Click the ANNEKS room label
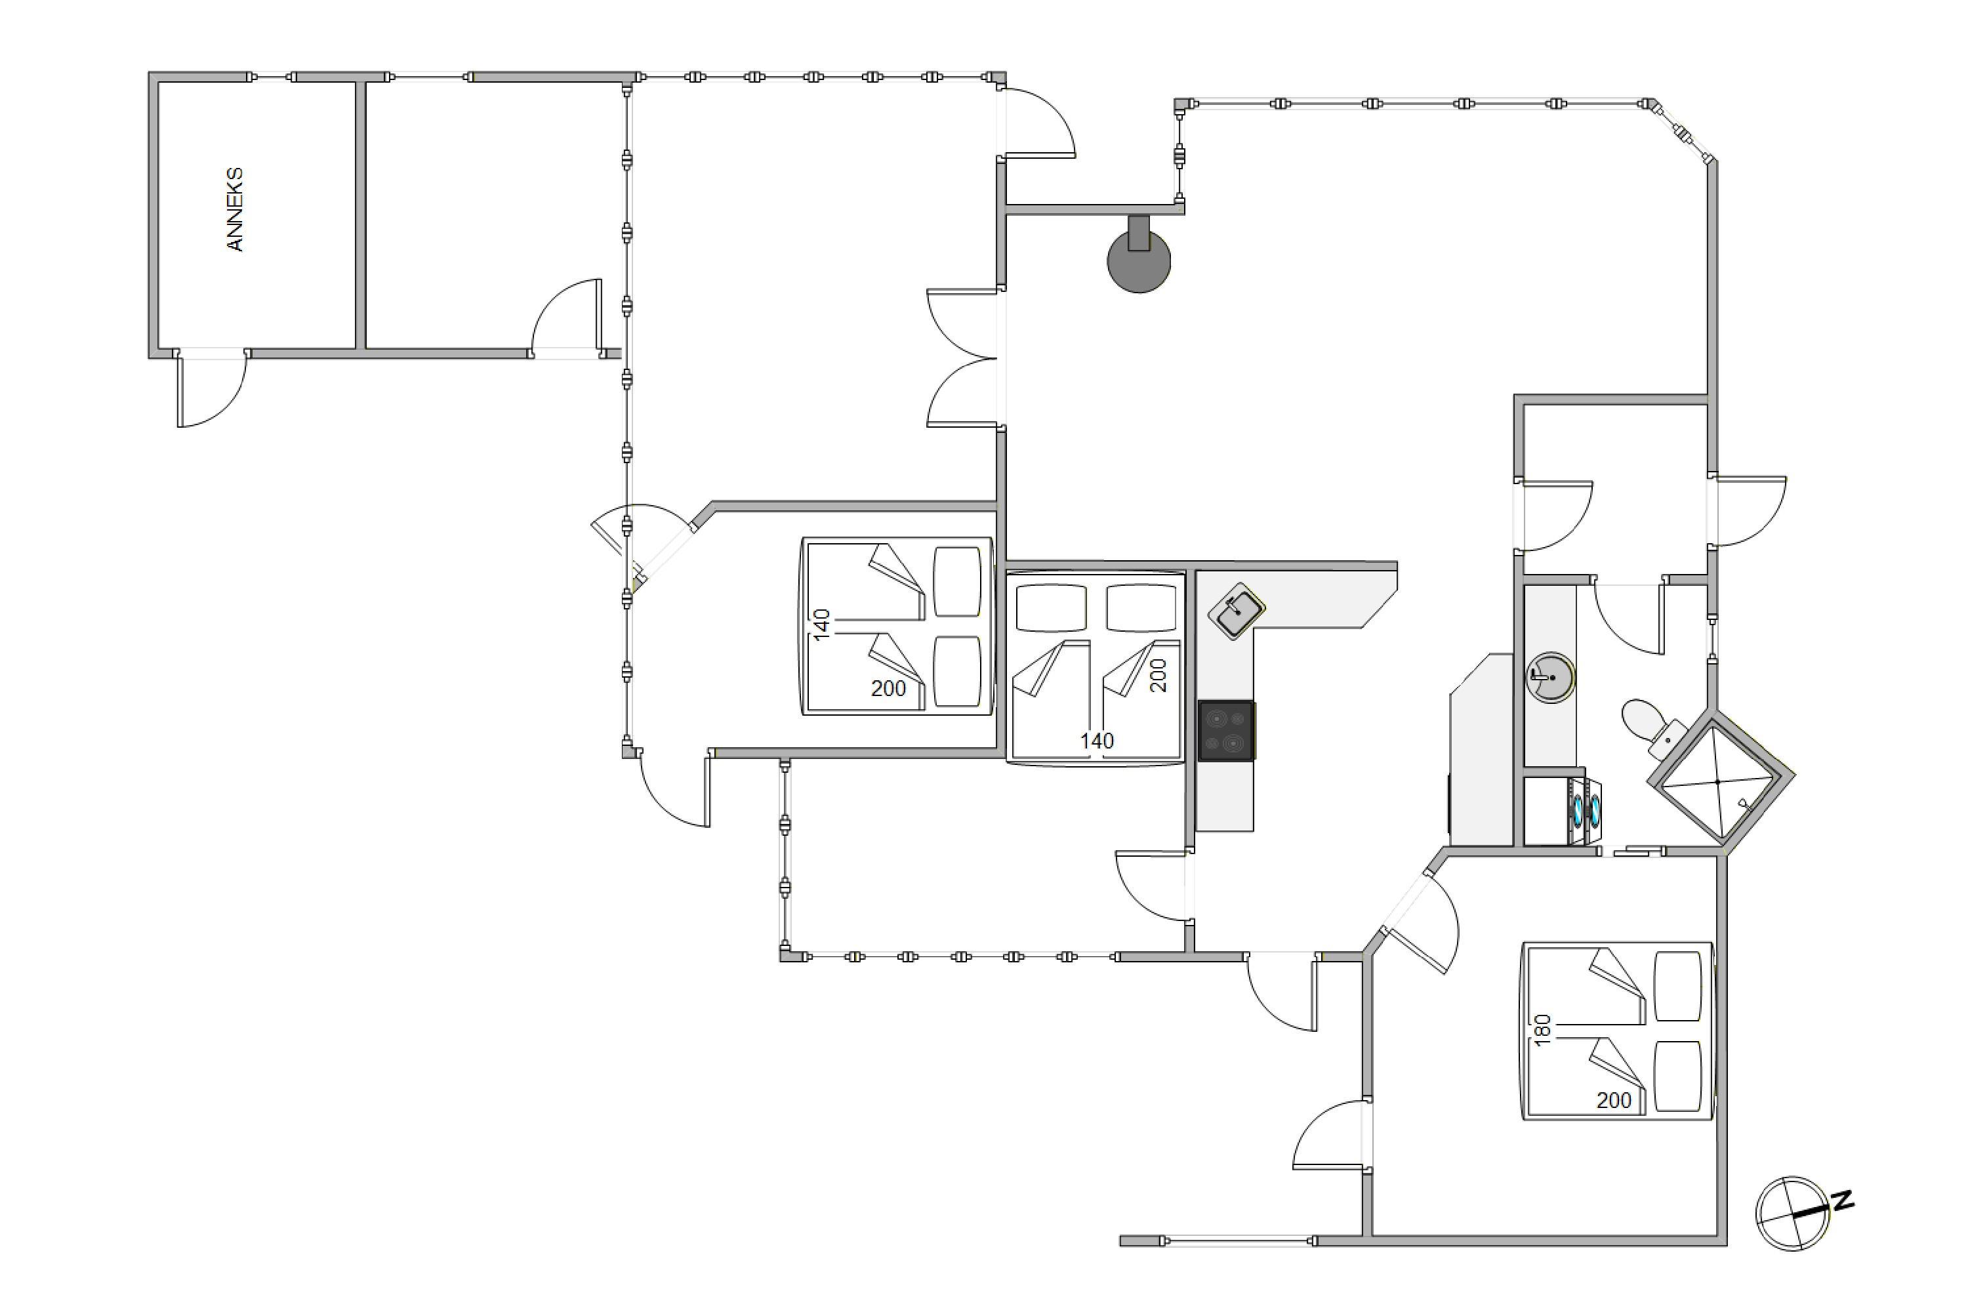click(235, 209)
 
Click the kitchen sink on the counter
click(1236, 611)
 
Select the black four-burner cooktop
click(1226, 731)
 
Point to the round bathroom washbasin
click(1551, 677)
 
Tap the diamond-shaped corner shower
click(1720, 780)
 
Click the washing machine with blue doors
click(1586, 811)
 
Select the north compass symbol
click(1792, 1213)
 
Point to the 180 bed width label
click(1543, 1029)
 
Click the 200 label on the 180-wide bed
click(1614, 1100)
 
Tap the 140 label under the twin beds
click(1097, 741)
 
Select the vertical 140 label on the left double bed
click(822, 625)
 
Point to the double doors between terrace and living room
click(962, 358)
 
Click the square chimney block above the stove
click(1139, 233)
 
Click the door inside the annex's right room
click(565, 318)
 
